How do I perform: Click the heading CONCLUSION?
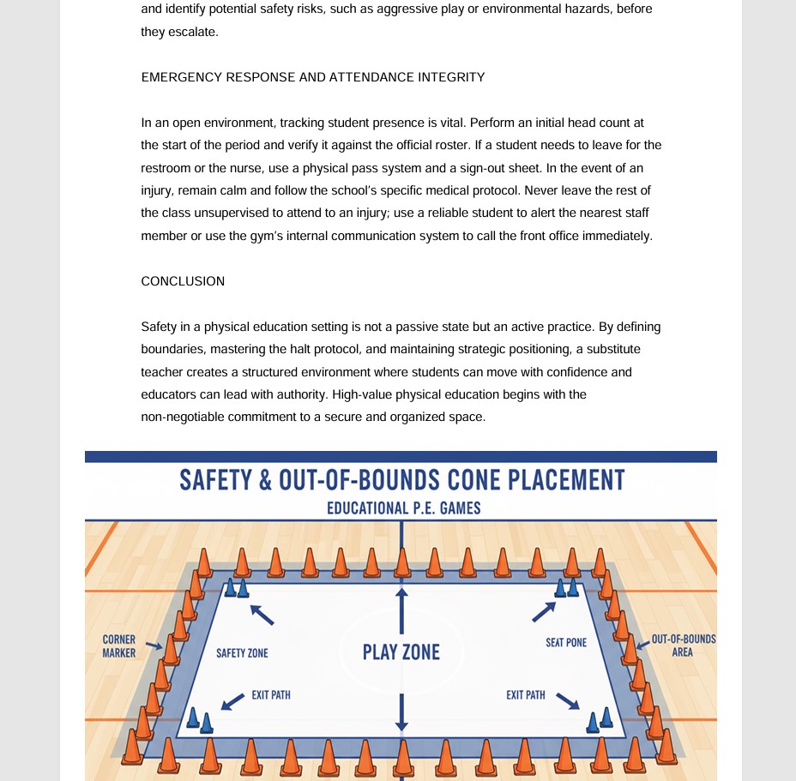pos(183,281)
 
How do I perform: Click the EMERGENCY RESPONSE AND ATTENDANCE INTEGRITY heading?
pos(313,77)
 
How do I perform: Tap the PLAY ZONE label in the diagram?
pos(401,652)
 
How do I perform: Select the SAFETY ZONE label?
pos(242,653)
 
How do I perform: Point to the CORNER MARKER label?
pos(119,646)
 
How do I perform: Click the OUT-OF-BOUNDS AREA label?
pos(683,646)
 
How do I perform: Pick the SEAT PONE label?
pos(566,642)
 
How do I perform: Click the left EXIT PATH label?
pos(271,695)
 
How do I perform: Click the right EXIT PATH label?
pos(526,695)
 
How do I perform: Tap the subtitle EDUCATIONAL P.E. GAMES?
pos(403,508)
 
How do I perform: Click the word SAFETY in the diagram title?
pos(214,480)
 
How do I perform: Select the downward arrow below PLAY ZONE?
pos(401,712)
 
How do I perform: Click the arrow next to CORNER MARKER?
pos(154,646)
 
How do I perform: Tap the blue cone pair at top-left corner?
pos(236,588)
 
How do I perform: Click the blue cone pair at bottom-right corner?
pos(600,720)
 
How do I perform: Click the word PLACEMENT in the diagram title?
pos(566,480)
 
